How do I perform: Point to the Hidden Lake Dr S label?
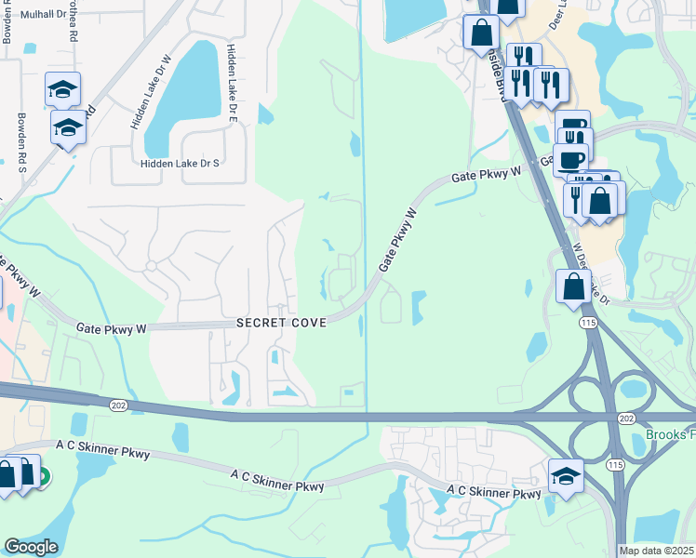tap(179, 163)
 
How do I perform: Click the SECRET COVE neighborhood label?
tap(281, 323)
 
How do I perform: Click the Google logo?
tap(31, 547)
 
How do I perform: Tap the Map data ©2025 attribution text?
tap(656, 551)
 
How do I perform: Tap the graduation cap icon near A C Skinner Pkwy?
tap(566, 475)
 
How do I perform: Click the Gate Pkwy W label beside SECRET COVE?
tap(112, 328)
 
